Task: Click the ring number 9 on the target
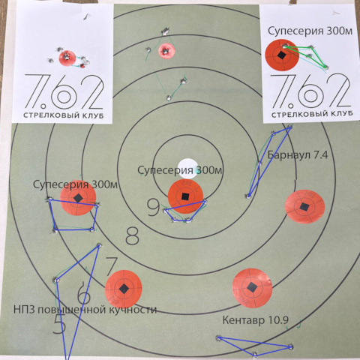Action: tap(153, 207)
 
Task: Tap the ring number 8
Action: tap(132, 236)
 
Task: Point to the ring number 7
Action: tap(112, 265)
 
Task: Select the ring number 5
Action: tap(59, 324)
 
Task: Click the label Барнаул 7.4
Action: tap(298, 155)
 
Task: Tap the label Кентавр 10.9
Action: tap(256, 319)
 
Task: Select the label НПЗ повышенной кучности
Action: tap(85, 310)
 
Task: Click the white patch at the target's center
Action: tap(187, 169)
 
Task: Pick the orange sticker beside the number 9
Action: tap(185, 196)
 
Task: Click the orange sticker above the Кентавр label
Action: tap(252, 288)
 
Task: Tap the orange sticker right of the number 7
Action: tap(124, 289)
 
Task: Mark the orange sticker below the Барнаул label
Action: tap(304, 206)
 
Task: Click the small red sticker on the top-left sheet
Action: tap(67, 58)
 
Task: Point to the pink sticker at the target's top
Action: tap(166, 51)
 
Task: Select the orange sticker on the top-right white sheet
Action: tap(282, 55)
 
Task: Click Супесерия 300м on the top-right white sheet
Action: tap(310, 31)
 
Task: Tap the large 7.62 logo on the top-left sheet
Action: tap(64, 91)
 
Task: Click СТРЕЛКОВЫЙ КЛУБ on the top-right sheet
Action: tap(312, 114)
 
